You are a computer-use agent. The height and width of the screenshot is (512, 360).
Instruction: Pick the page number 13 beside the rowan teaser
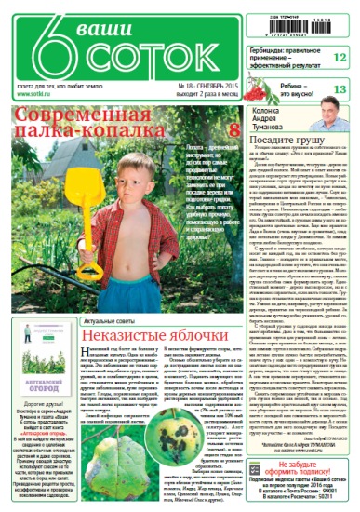(x=339, y=89)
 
